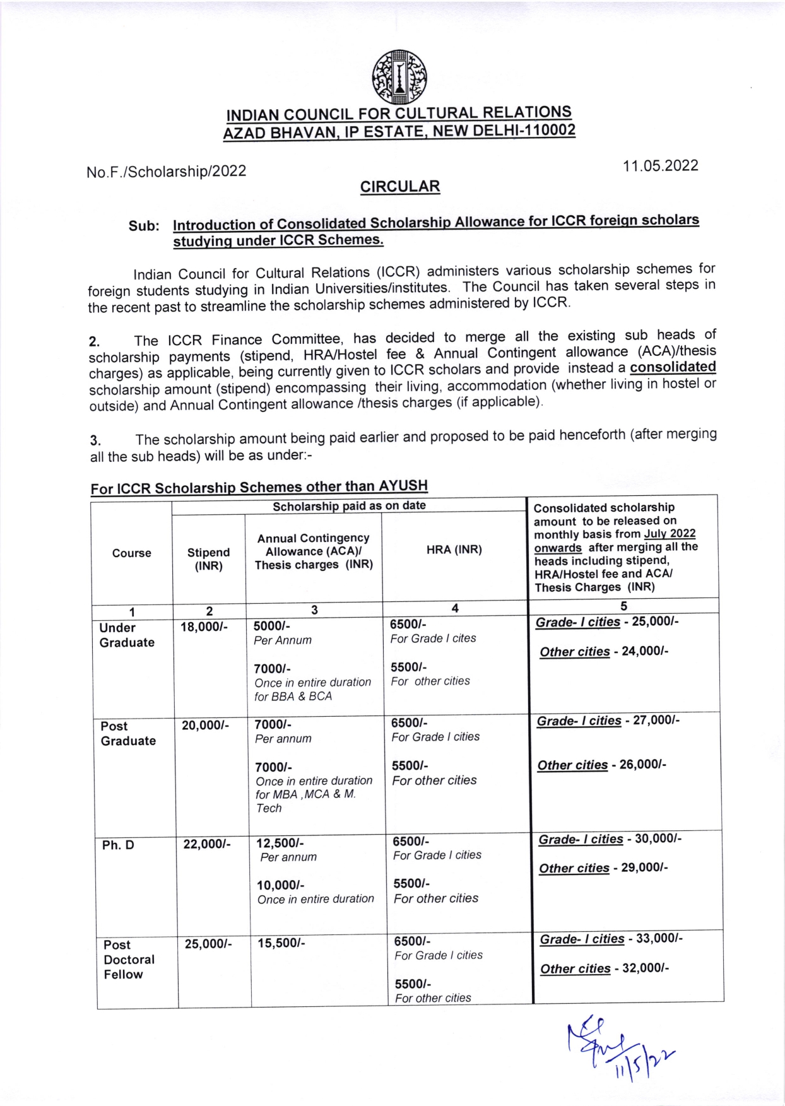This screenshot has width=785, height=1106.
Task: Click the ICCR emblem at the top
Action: [x=399, y=77]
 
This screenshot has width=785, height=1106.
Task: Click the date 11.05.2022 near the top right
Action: [x=660, y=166]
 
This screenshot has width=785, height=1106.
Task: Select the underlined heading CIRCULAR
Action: [x=399, y=187]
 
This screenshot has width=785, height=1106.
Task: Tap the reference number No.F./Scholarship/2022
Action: [x=166, y=172]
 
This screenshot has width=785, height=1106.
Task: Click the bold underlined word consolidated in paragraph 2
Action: [x=673, y=367]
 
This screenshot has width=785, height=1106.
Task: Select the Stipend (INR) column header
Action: [x=208, y=559]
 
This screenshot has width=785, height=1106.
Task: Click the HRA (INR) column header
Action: [x=454, y=550]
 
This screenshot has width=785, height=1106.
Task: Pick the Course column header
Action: [x=131, y=553]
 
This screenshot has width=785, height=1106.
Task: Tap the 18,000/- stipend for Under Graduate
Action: [x=204, y=627]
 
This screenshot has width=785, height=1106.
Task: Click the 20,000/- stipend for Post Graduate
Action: [x=205, y=726]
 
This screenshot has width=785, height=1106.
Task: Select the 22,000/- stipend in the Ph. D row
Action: [x=206, y=844]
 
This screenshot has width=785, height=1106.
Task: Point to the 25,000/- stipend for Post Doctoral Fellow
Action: [x=208, y=944]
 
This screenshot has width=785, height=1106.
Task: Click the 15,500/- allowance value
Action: [x=281, y=943]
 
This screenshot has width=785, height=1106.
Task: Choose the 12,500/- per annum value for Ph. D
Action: [x=280, y=843]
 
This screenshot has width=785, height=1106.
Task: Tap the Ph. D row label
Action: [x=118, y=845]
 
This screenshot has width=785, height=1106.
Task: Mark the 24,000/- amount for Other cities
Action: [x=645, y=651]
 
